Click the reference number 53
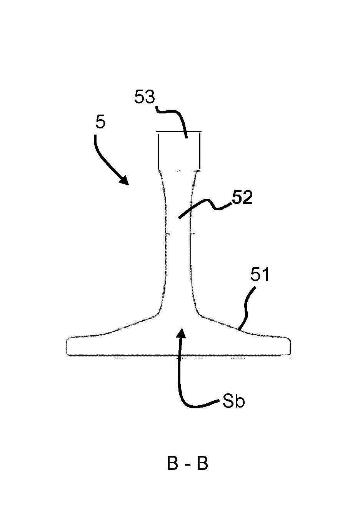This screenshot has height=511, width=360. point(144,97)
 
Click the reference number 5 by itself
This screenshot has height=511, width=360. point(100,122)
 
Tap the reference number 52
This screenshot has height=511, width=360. point(242,197)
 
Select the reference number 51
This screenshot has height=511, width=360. point(260,275)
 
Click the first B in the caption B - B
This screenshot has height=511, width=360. point(172,463)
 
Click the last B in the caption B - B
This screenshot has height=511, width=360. point(203,463)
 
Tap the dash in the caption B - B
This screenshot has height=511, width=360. point(188,465)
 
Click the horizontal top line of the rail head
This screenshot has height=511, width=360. point(178,131)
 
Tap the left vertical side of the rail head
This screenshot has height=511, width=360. point(158,151)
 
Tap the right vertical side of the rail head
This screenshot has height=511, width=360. point(200,151)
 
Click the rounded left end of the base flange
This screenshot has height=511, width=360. point(67,346)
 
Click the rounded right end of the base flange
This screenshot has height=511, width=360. point(290,346)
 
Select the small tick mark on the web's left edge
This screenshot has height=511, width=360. point(167,234)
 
